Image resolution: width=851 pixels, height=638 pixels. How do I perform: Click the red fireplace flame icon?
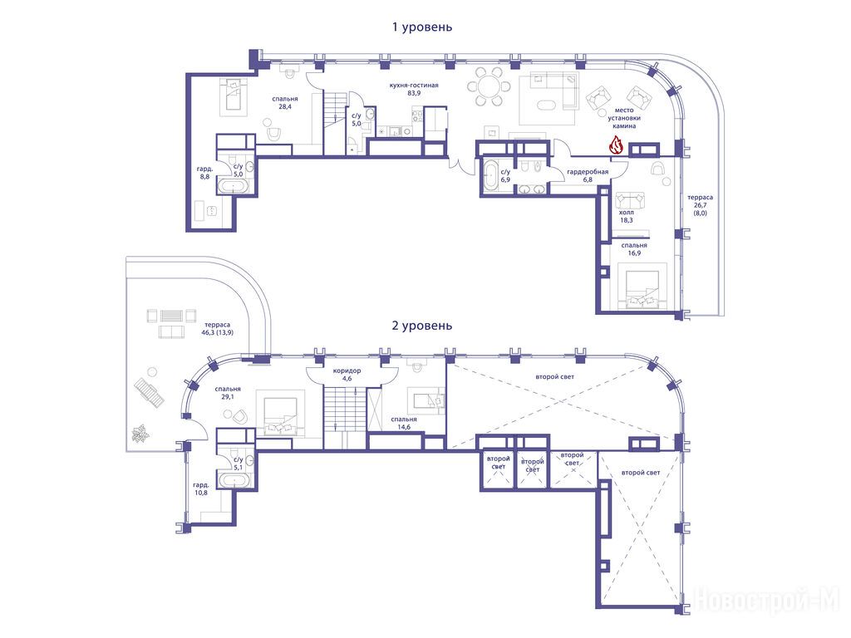click(x=616, y=145)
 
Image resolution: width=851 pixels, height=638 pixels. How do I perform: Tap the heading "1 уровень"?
click(x=422, y=27)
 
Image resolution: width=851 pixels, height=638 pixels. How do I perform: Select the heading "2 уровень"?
click(x=422, y=326)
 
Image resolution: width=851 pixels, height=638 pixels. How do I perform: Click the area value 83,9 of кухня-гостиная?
click(x=414, y=93)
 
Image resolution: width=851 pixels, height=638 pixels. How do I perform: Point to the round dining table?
click(x=489, y=86)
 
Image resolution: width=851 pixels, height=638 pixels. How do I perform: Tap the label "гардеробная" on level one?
click(x=588, y=171)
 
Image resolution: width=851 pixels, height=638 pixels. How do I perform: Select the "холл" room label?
click(x=627, y=213)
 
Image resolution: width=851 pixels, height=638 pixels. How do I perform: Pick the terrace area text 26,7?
click(x=700, y=206)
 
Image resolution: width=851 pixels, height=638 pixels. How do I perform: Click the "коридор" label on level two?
click(x=347, y=371)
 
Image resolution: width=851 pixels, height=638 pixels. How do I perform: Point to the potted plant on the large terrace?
click(x=140, y=434)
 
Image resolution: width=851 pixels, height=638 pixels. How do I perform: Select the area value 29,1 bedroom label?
click(x=228, y=397)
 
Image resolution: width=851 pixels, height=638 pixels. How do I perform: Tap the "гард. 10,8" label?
click(x=201, y=488)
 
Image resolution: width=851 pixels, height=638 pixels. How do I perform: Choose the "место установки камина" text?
click(x=624, y=118)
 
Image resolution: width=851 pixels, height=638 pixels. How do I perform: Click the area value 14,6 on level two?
click(x=404, y=427)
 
